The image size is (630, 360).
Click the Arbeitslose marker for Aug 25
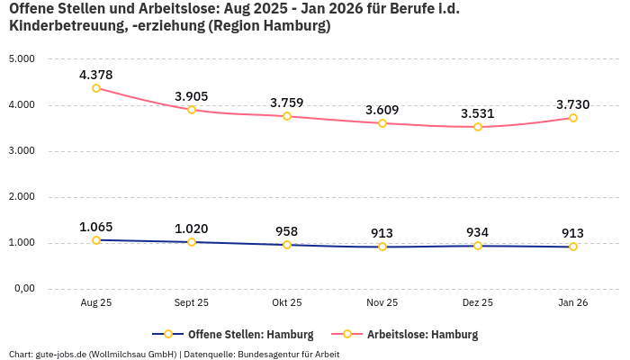pos(96,88)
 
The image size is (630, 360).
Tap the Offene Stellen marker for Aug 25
pos(96,240)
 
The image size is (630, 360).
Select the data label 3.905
pos(192,96)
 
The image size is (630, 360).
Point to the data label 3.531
pos(478,113)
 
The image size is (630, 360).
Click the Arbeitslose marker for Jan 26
pos(573,118)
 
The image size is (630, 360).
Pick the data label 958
pos(287,231)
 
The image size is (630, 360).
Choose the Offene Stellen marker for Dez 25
pos(478,246)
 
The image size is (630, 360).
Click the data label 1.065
pos(96,227)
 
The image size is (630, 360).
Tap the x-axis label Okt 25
pos(287,303)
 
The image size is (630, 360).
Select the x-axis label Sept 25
pos(192,303)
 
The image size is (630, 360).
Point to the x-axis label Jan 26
pos(573,303)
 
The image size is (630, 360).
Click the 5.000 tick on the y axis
pos(22,59)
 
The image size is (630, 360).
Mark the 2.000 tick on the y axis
pos(22,197)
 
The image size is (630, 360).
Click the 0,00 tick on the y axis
pos(23,289)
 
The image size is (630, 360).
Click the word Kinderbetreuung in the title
pos(60,27)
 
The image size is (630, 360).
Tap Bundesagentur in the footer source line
pos(275,355)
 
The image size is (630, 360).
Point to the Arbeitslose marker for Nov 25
pos(382,123)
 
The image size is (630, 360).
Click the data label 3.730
pos(573,104)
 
